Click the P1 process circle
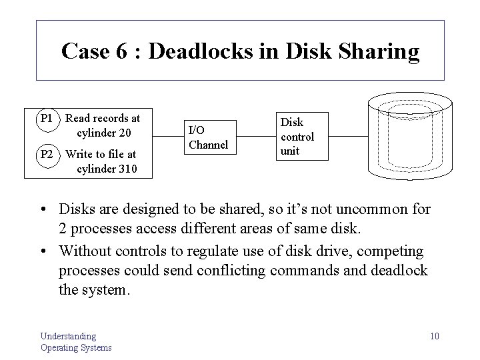(x=47, y=119)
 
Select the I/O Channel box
(x=208, y=137)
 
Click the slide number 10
(x=434, y=335)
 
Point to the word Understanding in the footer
(x=68, y=336)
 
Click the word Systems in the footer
(x=94, y=347)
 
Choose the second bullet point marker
(x=48, y=251)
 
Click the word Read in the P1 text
(x=79, y=119)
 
